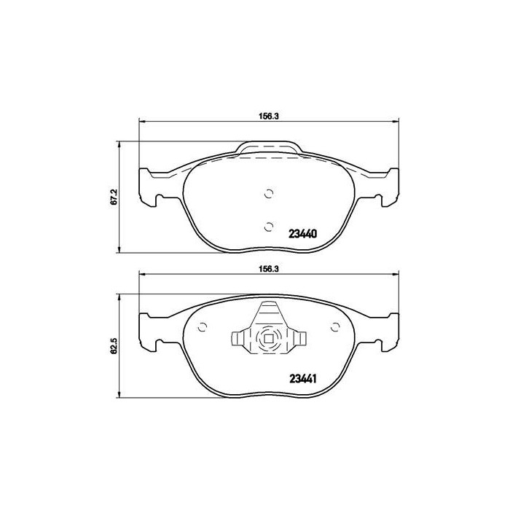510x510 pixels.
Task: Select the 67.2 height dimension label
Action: point(114,198)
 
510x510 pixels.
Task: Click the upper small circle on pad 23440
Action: point(269,194)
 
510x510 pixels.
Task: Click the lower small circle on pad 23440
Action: point(269,225)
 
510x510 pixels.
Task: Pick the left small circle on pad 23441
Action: point(203,327)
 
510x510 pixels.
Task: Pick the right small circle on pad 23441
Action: point(336,327)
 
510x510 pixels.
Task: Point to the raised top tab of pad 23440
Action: point(269,149)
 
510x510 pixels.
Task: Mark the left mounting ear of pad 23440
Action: point(151,187)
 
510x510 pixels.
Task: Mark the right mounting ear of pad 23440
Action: point(388,187)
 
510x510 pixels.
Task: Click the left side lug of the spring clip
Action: point(238,340)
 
